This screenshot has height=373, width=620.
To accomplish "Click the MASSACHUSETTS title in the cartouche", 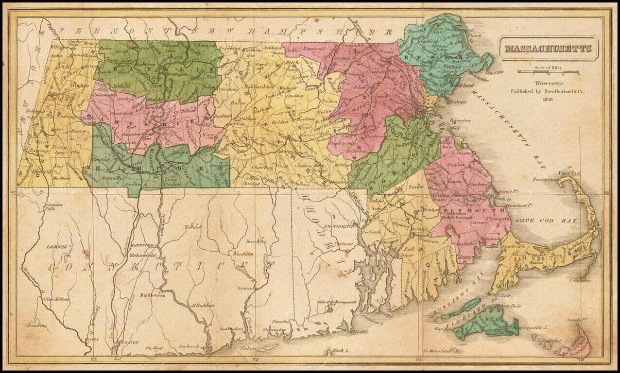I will (x=548, y=49).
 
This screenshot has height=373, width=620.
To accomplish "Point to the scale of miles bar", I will (x=549, y=72).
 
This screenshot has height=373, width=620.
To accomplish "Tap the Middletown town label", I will (x=153, y=295).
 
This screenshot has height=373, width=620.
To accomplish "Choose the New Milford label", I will (x=57, y=299).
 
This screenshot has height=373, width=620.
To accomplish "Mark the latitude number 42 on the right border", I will (x=606, y=193).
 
